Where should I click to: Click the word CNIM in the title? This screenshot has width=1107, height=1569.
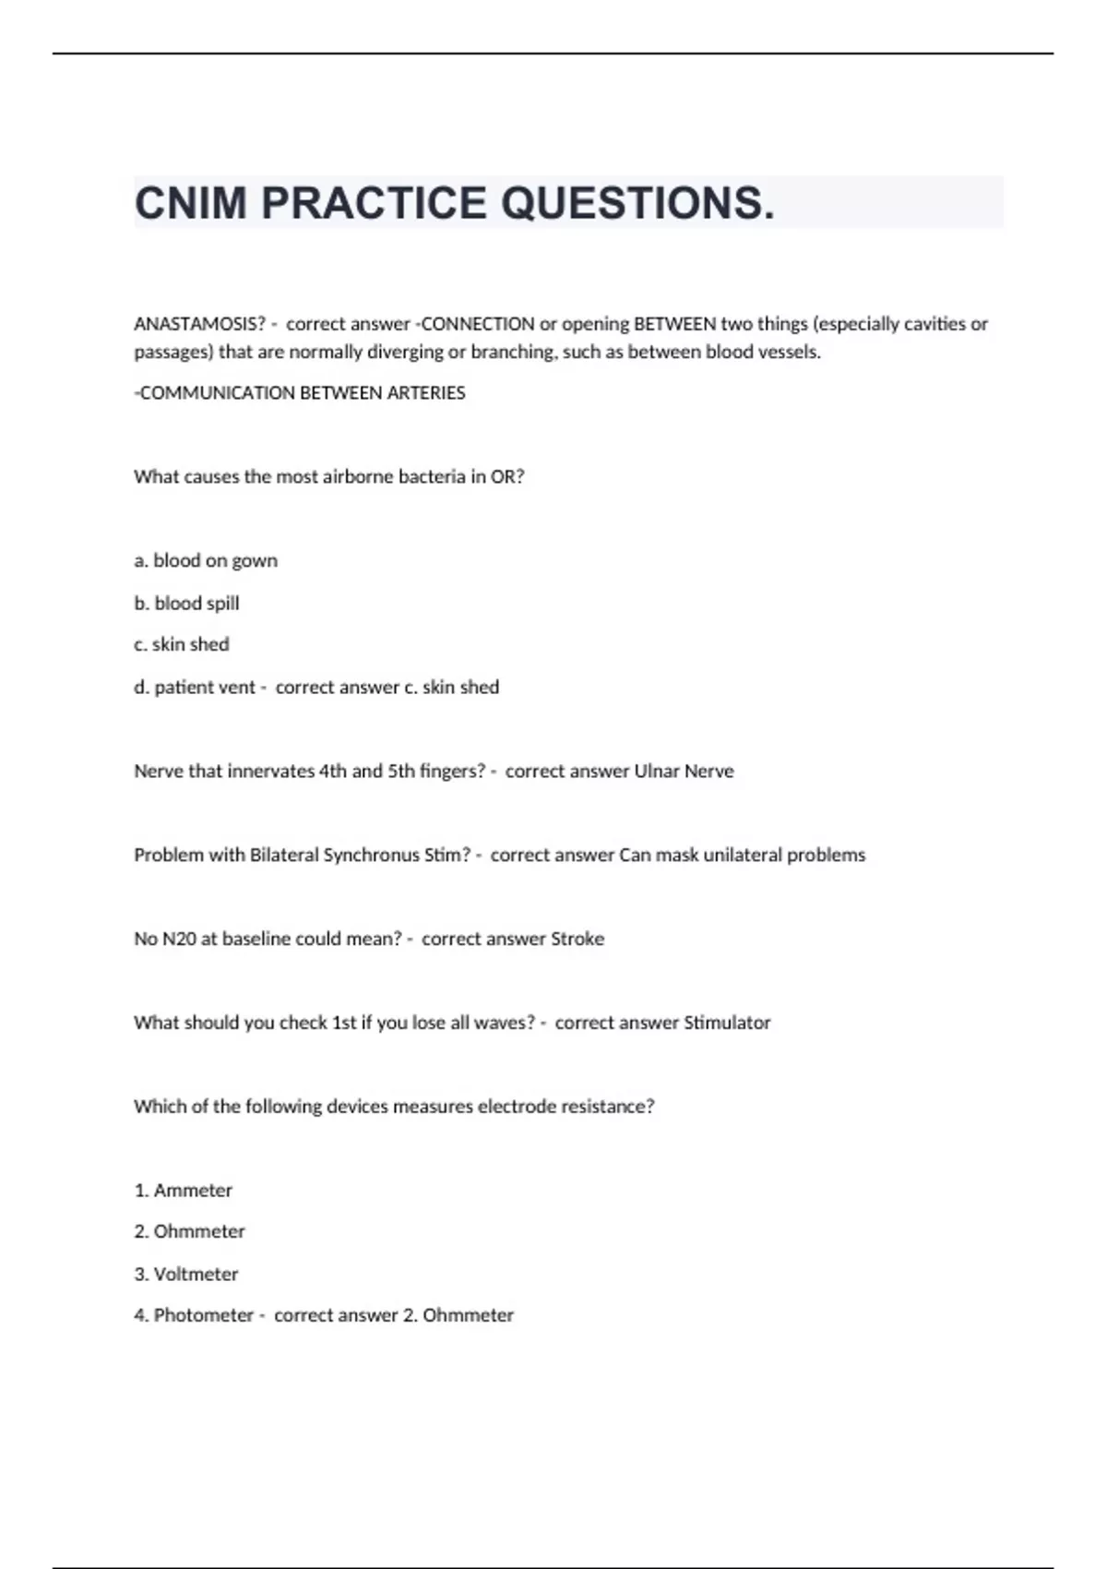(x=191, y=203)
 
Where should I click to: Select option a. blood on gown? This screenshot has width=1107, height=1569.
(x=206, y=561)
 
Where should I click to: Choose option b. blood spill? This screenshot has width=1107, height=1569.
(x=186, y=604)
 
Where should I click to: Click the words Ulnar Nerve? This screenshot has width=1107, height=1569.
(x=684, y=772)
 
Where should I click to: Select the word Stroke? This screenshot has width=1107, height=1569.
(x=577, y=939)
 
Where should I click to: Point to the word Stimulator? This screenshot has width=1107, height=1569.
(x=727, y=1023)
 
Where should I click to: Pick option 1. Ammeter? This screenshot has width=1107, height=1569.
(x=183, y=1191)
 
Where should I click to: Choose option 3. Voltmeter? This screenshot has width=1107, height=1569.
(x=185, y=1275)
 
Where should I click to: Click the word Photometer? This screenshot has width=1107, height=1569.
(x=203, y=1315)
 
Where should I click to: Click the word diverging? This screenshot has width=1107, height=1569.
(x=405, y=352)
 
